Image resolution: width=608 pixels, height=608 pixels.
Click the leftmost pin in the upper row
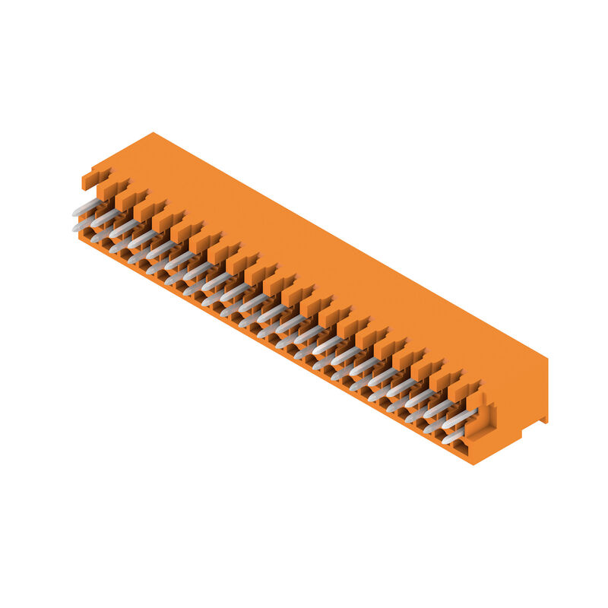point(86,207)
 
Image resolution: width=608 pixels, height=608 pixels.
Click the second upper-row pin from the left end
point(104,217)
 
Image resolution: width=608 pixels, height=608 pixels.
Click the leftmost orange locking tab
point(93,179)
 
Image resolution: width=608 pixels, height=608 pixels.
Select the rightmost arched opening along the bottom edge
point(461,452)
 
